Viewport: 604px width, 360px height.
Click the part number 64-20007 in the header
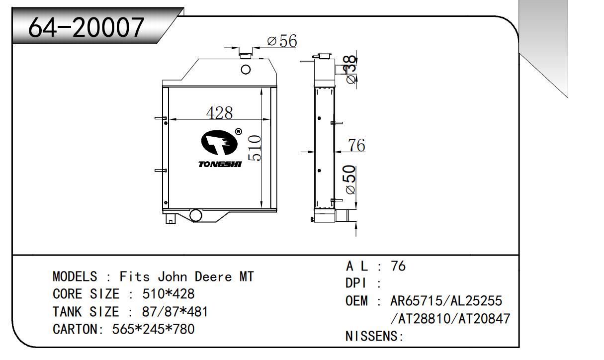tap(86, 28)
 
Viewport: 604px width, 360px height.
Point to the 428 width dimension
tap(219, 113)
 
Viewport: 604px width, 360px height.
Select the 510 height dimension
tap(255, 148)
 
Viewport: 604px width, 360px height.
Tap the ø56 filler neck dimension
tap(282, 41)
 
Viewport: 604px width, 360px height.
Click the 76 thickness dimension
tap(356, 146)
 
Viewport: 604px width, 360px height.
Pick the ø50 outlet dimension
tap(350, 180)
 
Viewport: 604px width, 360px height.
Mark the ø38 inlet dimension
tap(350, 70)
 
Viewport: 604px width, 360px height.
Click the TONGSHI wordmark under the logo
tap(220, 164)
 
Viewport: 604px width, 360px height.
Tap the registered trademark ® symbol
tap(238, 132)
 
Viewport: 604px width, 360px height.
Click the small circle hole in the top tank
tap(246, 69)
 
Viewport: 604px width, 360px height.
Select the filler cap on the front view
tap(246, 53)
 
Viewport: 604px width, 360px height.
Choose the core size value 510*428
tap(169, 294)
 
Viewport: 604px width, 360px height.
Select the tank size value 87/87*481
tap(175, 312)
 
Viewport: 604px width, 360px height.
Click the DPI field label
tap(356, 283)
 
